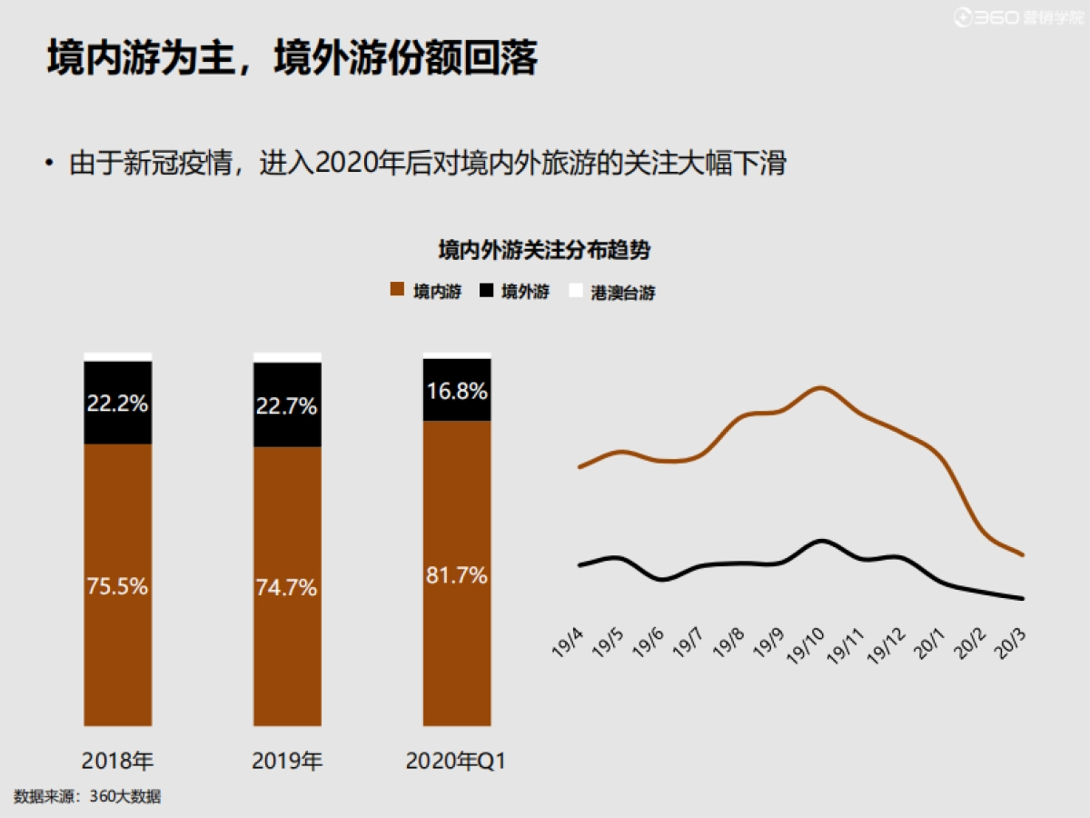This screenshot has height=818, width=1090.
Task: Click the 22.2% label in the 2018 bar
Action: click(x=118, y=404)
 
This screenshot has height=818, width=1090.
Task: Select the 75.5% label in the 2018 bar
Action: click(x=118, y=586)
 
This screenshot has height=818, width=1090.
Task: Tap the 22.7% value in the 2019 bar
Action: click(x=287, y=406)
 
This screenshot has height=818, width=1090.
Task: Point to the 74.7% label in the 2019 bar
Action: click(x=287, y=588)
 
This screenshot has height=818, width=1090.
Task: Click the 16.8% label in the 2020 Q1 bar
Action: click(x=457, y=392)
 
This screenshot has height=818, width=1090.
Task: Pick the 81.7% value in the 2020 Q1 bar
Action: click(x=457, y=575)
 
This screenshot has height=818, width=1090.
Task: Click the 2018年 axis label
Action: click(x=118, y=761)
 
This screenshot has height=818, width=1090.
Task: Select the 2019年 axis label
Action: click(x=287, y=761)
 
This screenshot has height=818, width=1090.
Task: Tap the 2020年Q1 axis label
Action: click(x=456, y=761)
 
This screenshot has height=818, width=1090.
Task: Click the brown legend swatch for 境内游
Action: click(x=396, y=291)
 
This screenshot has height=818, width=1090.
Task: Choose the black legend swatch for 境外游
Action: click(x=486, y=291)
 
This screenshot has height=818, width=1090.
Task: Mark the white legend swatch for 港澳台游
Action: click(x=574, y=291)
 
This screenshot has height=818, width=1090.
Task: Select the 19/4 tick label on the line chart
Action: click(x=567, y=643)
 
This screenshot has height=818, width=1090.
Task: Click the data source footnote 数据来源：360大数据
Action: click(x=87, y=796)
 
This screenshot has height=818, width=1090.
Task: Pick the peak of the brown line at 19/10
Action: click(x=820, y=387)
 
